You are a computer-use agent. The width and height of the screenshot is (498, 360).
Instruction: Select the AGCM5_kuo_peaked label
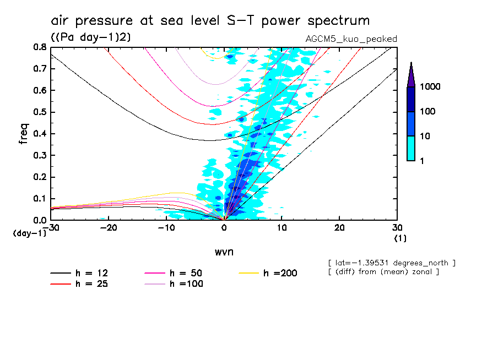351,39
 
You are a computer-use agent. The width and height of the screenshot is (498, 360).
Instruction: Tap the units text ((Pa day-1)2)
90,37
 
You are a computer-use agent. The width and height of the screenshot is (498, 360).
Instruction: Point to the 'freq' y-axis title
24,134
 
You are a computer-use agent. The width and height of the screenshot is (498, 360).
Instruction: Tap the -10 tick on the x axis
165,228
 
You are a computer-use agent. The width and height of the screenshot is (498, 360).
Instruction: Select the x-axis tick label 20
339,228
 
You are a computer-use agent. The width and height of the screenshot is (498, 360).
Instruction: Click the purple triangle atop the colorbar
411,75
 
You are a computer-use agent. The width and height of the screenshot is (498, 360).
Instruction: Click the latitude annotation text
391,263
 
